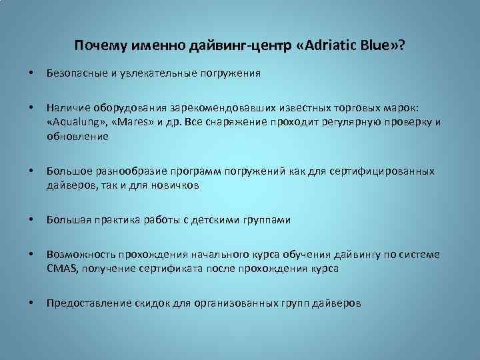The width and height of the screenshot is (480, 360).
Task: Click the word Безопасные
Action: pyautogui.click(x=75, y=74)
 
